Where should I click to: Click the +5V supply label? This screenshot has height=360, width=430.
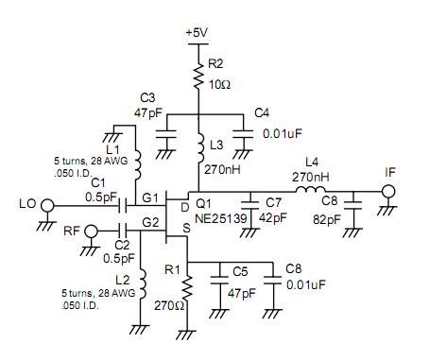tap(196, 33)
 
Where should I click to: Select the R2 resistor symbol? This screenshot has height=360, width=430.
tap(197, 74)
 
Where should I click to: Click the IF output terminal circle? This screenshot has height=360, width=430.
tap(386, 194)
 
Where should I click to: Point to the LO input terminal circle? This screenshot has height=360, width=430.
tap(53, 203)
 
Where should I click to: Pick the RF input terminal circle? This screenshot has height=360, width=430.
tap(93, 230)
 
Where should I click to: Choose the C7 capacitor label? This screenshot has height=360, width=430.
tap(274, 203)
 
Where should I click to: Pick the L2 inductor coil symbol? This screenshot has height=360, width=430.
tap(141, 283)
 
